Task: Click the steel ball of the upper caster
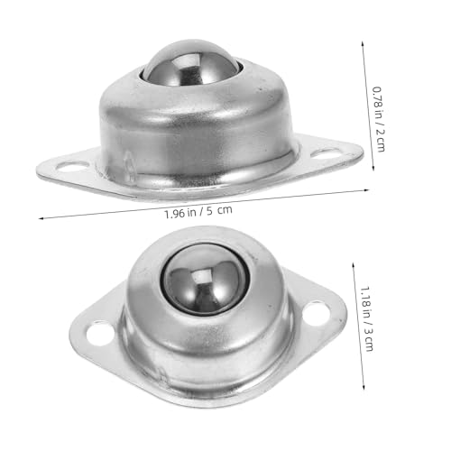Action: click(192, 63)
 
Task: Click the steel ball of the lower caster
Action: click(206, 280)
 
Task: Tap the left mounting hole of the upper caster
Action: click(72, 166)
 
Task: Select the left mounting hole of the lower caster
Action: click(100, 334)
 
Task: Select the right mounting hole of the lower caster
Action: click(317, 313)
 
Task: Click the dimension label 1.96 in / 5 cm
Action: click(198, 211)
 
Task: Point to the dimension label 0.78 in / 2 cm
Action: click(379, 119)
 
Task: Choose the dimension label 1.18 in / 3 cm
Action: click(367, 318)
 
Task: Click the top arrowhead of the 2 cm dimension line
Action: click(363, 42)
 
